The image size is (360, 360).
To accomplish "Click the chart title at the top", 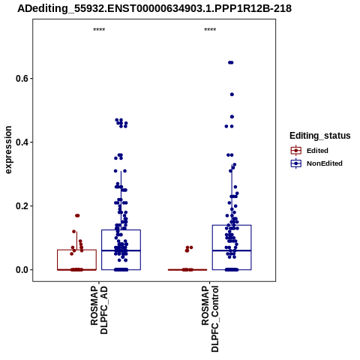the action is [x=154, y=8].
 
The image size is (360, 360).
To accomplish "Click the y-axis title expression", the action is [x=8, y=150].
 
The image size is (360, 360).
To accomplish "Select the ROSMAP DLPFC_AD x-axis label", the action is [x=99, y=310].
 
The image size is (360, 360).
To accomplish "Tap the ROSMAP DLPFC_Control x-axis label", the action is [x=210, y=319].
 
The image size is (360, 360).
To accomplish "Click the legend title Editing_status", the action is [x=320, y=136].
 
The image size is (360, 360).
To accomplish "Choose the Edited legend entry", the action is [x=317, y=151].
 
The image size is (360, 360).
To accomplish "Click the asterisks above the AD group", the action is [x=99, y=30].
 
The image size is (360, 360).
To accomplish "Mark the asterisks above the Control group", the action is [x=210, y=30].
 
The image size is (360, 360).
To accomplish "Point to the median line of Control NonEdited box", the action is [x=232, y=250].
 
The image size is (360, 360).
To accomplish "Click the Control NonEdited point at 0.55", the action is [x=232, y=94].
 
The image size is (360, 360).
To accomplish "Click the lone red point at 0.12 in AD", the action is [x=73, y=232].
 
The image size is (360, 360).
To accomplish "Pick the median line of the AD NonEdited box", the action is [x=121, y=250].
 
